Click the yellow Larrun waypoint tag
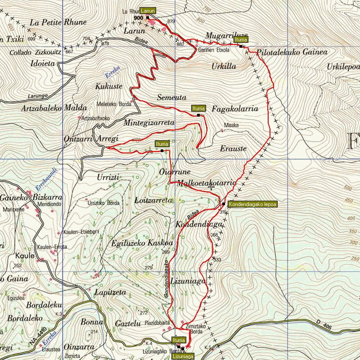[148, 10]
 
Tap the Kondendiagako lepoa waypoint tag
[252, 204]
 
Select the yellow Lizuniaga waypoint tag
[183, 356]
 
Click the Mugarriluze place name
[220, 35]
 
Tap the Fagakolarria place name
[234, 109]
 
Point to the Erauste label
[233, 148]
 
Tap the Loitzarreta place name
[153, 200]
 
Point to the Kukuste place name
[109, 86]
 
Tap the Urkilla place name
[223, 66]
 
